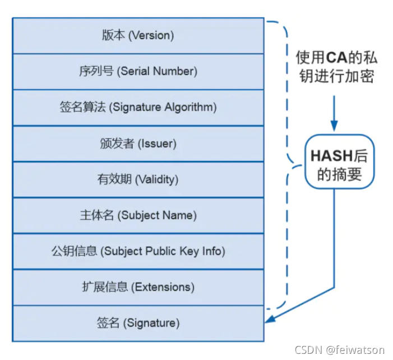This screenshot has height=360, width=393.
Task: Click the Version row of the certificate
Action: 138,35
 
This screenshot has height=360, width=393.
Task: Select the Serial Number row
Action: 138,71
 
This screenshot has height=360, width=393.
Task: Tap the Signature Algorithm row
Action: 138,107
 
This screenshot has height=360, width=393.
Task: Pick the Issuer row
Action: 138,143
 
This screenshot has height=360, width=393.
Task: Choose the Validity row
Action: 138,179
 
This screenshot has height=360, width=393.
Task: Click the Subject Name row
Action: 138,215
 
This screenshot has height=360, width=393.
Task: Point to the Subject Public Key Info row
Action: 138,251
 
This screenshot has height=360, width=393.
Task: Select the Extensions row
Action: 138,287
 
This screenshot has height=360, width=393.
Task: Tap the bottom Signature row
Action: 138,323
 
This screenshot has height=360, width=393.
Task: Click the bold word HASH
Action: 331,154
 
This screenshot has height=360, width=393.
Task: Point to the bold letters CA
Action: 335,57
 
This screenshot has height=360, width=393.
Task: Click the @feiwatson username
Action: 358,350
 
